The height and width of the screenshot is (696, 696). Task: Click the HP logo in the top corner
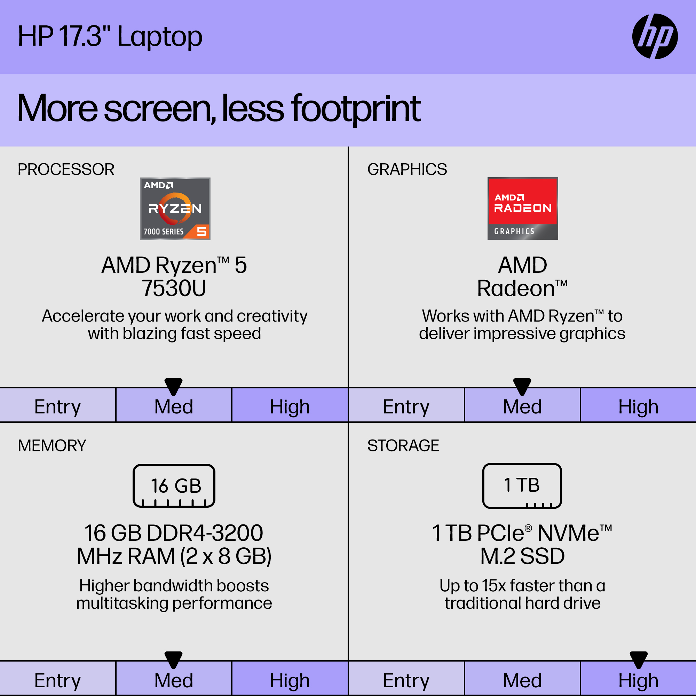coord(655,37)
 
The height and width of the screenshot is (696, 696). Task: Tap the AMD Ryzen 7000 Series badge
coord(175,208)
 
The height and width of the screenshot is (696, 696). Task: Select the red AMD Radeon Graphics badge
coord(523,208)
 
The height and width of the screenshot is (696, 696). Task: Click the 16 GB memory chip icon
coord(174,486)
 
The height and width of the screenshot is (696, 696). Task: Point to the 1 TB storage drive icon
coord(522,486)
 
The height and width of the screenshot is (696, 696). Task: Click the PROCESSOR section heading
coord(66,169)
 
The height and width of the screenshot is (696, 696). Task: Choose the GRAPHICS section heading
coord(407,169)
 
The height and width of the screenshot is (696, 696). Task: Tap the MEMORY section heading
coord(52,446)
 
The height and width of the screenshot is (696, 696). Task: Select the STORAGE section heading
coord(403,446)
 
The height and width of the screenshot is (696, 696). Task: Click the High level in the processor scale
coord(290,407)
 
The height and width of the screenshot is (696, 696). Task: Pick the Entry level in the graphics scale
coord(406,407)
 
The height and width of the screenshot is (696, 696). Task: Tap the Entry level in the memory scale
coord(58,680)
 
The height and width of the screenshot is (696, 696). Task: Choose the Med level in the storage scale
coord(522,680)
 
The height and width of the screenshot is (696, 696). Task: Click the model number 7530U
coord(174,288)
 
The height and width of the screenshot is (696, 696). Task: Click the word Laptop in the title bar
coord(160,37)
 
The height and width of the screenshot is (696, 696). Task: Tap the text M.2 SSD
coord(522,556)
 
